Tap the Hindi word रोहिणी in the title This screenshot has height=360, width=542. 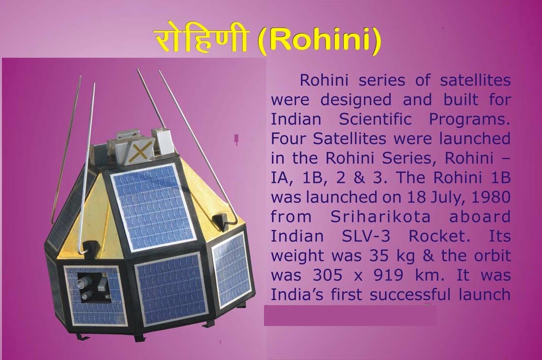point(201,41)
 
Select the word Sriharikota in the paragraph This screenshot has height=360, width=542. point(380,217)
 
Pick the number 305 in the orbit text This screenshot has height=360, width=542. point(328,276)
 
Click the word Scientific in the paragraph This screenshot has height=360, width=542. point(375,119)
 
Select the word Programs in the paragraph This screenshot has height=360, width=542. point(470,119)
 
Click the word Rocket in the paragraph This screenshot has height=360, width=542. point(439,237)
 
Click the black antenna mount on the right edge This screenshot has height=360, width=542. point(220,221)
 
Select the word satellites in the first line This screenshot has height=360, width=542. point(476,81)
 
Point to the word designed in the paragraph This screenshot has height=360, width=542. point(356,100)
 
